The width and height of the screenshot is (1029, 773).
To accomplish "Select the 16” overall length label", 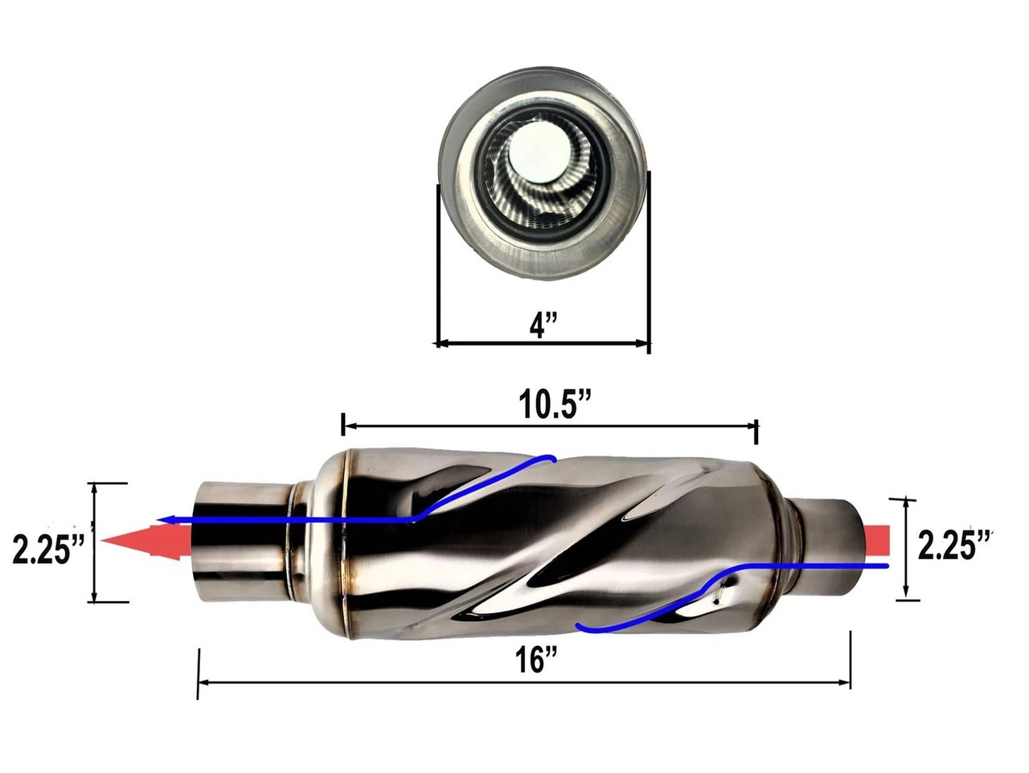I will (x=536, y=661).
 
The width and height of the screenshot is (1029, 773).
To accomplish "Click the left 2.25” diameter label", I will (x=49, y=550).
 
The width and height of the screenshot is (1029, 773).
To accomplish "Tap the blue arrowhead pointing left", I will (x=164, y=520).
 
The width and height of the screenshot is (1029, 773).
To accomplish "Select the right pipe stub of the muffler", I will (x=828, y=546).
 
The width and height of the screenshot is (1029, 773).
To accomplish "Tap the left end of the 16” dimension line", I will (x=199, y=683).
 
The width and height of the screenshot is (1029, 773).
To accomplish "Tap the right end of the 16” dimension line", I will (x=850, y=683).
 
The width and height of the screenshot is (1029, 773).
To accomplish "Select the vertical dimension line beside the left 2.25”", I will (x=96, y=542).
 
